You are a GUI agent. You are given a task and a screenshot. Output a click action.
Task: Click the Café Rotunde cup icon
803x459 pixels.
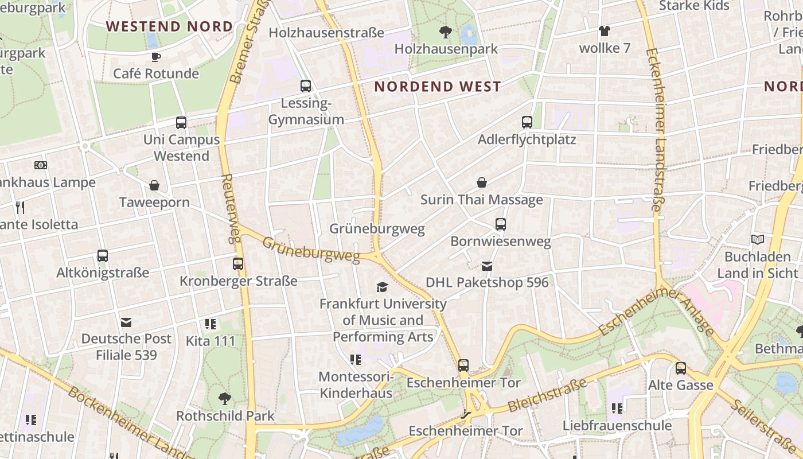(155, 56)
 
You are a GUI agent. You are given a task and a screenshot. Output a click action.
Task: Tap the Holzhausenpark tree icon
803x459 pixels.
(445, 32)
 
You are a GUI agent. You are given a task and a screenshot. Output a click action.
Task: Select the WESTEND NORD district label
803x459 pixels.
(169, 26)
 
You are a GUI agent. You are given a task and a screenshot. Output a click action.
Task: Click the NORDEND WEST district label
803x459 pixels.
(437, 87)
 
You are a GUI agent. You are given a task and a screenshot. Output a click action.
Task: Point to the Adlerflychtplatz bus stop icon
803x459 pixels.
(527, 122)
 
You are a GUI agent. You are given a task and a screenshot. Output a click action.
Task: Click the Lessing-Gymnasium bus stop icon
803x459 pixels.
(306, 86)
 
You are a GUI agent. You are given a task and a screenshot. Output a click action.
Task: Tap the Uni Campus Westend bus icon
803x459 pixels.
(181, 122)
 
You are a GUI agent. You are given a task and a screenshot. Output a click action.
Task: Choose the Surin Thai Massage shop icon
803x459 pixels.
(482, 182)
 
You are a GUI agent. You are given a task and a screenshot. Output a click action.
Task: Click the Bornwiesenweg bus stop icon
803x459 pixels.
(501, 224)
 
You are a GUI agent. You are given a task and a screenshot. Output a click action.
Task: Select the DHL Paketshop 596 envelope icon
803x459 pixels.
(487, 266)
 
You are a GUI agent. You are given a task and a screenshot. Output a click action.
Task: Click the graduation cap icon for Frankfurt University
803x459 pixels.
(382, 287)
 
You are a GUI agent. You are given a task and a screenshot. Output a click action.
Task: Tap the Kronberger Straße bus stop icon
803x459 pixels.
(238, 264)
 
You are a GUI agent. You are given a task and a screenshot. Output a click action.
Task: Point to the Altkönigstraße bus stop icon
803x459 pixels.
(103, 256)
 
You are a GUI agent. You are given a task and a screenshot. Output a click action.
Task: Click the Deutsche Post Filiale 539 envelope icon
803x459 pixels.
(126, 322)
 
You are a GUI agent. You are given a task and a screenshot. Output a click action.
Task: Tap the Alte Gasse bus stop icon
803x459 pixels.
(681, 368)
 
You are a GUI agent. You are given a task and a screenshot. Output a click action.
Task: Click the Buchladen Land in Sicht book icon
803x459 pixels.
(758, 239)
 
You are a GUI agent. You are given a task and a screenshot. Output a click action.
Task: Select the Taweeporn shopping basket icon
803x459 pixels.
(154, 185)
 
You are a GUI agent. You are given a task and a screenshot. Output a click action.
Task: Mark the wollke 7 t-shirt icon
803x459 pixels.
(604, 31)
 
